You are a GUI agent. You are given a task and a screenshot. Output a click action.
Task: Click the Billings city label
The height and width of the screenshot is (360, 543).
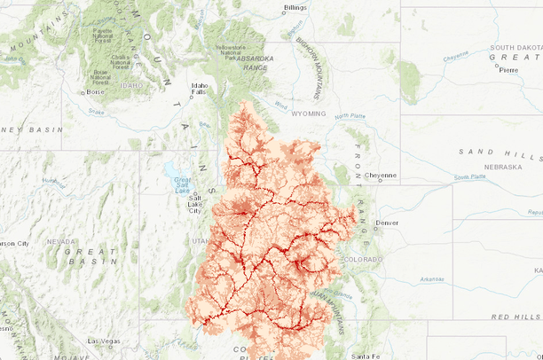(x=295, y=8)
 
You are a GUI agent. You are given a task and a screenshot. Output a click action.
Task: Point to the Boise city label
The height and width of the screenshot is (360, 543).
(x=96, y=91)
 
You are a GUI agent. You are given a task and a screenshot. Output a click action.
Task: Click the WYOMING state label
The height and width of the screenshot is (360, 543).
(x=308, y=113)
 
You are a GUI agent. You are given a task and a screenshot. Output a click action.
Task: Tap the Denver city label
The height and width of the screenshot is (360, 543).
(x=387, y=222)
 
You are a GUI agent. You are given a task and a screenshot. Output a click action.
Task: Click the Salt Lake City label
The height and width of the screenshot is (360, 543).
(x=194, y=206)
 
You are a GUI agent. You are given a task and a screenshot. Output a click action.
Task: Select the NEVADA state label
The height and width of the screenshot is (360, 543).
(x=60, y=241)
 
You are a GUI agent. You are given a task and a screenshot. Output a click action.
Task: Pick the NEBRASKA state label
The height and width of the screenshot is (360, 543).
(x=503, y=167)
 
